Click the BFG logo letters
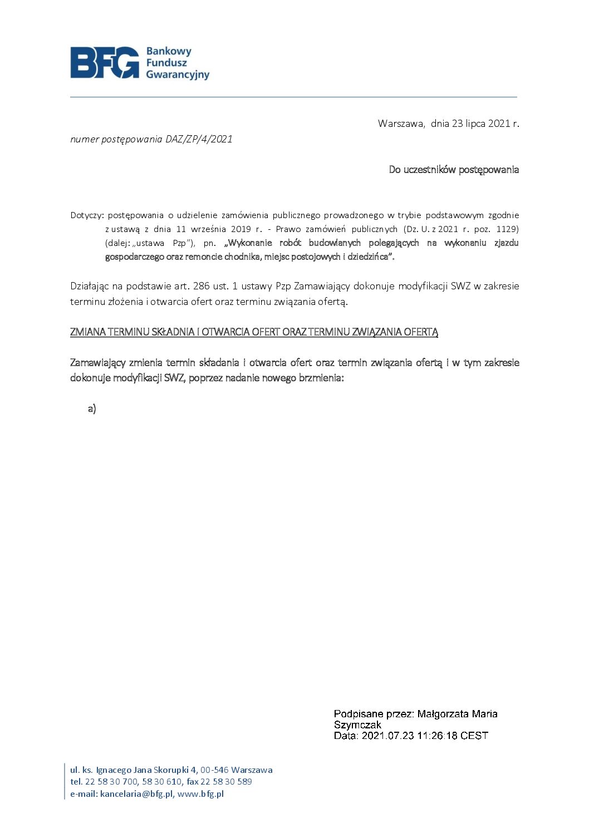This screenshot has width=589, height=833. (x=105, y=62)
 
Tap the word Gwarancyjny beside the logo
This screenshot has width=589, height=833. (x=178, y=75)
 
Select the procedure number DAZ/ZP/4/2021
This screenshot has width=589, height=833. (x=199, y=139)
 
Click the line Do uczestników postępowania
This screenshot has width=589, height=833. (x=454, y=170)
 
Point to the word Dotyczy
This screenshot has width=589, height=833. (x=86, y=215)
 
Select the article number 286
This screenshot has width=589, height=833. (x=202, y=286)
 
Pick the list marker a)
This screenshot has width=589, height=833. (x=92, y=409)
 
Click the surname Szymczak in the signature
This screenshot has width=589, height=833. (x=357, y=725)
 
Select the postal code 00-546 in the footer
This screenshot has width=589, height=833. (x=214, y=770)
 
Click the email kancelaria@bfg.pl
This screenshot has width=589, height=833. (x=137, y=794)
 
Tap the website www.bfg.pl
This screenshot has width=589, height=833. (x=200, y=794)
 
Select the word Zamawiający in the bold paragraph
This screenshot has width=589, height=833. (x=97, y=363)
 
